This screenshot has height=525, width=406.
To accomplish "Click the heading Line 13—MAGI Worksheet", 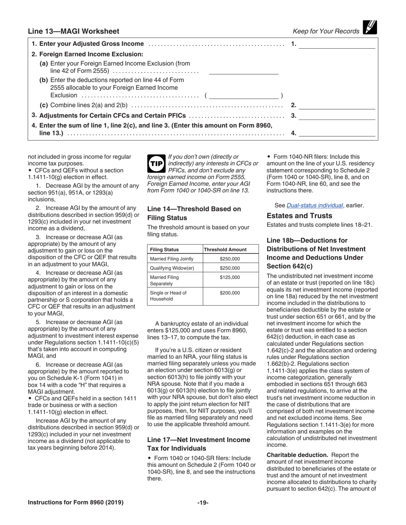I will tap(74, 31).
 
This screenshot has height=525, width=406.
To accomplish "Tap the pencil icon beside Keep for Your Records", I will tap(369, 28).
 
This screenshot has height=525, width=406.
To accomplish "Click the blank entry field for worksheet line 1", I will tap(336, 44).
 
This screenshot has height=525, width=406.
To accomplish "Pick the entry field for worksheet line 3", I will tap(336, 116).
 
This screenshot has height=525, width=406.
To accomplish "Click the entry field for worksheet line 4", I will tap(336, 133).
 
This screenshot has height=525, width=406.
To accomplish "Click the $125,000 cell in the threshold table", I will tap(230, 277).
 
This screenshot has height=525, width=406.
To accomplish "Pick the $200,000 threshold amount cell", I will tap(230, 293).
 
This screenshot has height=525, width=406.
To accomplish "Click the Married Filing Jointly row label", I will tap(172, 259).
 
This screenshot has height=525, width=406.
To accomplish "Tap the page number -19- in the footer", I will tap(203, 502).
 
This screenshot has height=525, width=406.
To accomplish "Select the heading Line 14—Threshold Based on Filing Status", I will tap(194, 213).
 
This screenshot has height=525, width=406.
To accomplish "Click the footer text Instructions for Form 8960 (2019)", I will tap(76, 502).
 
